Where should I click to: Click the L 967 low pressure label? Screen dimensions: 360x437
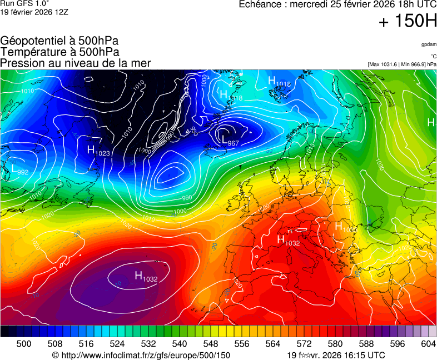coord(230,141)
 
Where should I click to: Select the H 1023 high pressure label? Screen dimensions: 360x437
coord(98,151)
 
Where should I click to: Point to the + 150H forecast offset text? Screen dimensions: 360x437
coord(408,22)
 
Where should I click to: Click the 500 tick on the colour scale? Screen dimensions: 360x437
coord(23,344)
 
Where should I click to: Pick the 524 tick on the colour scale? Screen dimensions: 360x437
coord(117,344)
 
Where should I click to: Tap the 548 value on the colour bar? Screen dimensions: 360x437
coord(211,344)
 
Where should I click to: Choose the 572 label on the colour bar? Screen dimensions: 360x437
coord(304,344)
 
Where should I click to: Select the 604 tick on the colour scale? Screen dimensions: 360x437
coord(428,344)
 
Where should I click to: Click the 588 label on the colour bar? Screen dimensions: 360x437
coord(366,344)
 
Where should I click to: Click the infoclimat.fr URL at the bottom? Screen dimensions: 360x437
coord(141,355)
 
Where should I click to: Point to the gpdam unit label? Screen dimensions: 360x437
coord(428,44)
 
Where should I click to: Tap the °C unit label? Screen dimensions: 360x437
coord(433,56)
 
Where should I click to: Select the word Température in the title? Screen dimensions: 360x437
coord(32,52)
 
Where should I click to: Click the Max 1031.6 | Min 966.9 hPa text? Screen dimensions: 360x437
coord(402,64)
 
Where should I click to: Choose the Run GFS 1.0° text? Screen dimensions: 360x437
coord(25,4)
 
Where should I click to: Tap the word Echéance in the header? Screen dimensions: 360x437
coord(261,4)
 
